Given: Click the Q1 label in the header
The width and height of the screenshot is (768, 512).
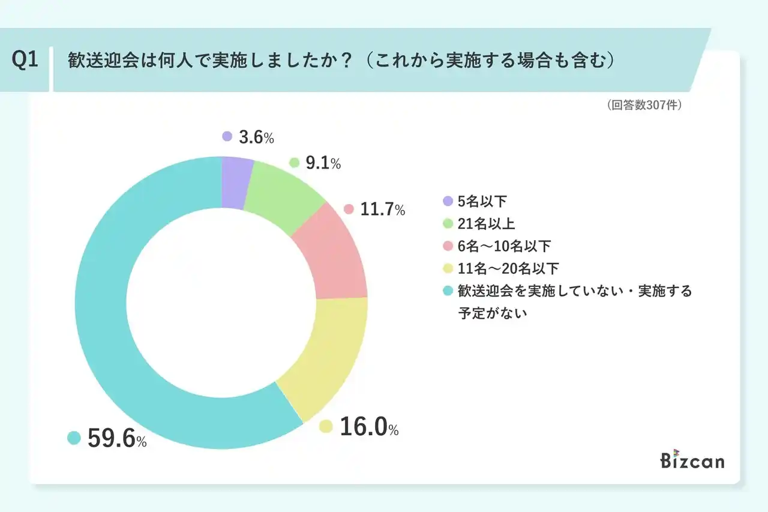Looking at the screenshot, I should pos(25,61).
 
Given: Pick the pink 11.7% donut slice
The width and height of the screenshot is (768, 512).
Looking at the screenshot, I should pos(333,255).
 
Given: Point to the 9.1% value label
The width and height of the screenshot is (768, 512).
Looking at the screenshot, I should pos(323,163).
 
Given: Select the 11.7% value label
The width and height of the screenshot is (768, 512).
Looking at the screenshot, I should pos(382,209).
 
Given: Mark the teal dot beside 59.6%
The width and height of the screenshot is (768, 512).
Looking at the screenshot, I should pos(74,438).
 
